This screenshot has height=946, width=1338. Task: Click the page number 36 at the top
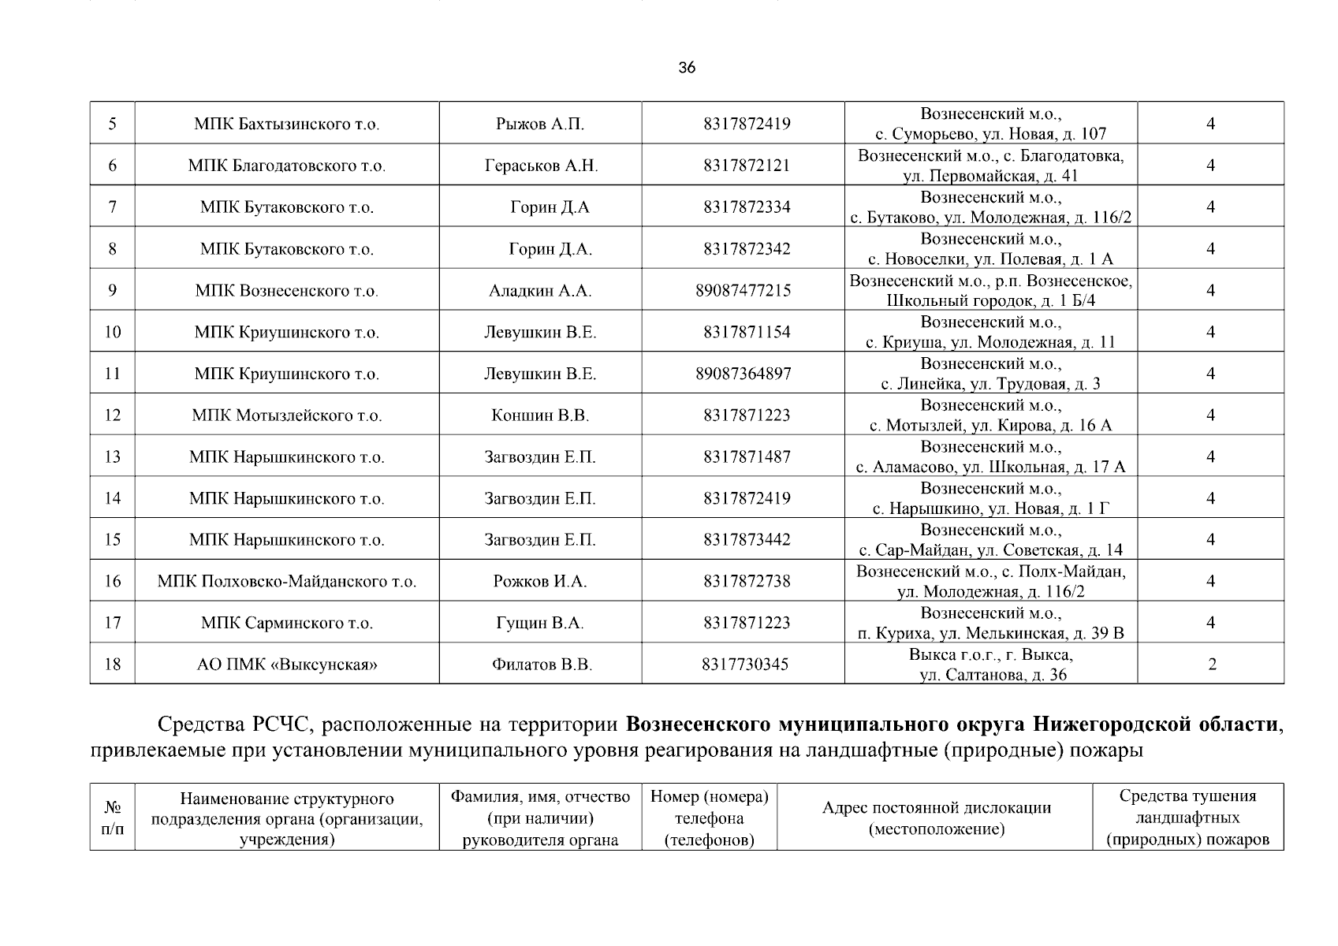[687, 68]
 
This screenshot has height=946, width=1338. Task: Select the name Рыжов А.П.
[540, 124]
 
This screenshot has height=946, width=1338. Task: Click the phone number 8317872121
[747, 166]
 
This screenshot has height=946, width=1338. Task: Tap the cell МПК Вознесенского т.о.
[286, 291]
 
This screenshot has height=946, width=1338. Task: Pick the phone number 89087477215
[743, 291]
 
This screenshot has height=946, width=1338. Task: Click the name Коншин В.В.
[540, 415]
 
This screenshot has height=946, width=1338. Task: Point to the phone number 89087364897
[743, 374]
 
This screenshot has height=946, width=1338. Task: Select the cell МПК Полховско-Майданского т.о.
[286, 582]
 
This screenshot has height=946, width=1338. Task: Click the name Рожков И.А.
[540, 582]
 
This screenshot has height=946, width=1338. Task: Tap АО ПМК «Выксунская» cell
[286, 665]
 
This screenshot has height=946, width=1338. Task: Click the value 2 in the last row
[1212, 665]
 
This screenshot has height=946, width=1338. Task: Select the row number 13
[113, 457]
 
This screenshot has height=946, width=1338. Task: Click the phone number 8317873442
[747, 540]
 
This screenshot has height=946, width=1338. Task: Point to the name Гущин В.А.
[540, 624]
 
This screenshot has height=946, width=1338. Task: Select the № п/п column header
[112, 818]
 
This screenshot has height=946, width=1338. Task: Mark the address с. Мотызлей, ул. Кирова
[990, 426]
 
